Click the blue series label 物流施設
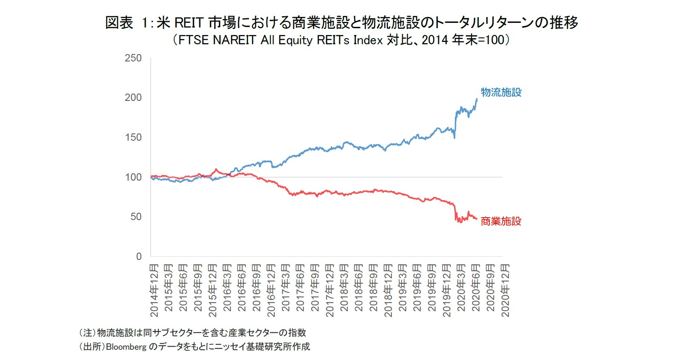click(501, 92)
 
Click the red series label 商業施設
click(501, 221)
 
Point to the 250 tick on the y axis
click(133, 58)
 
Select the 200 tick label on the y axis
click(133, 98)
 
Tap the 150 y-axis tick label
click(133, 137)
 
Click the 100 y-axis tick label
click(133, 177)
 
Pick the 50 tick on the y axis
click(136, 217)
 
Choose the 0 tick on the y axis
click(139, 257)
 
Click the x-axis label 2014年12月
click(154, 290)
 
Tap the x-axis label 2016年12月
click(271, 290)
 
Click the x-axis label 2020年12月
click(505, 290)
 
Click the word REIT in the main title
click(189, 23)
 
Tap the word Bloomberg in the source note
click(126, 347)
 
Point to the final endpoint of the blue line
click(477, 99)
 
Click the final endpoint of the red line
click(477, 219)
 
